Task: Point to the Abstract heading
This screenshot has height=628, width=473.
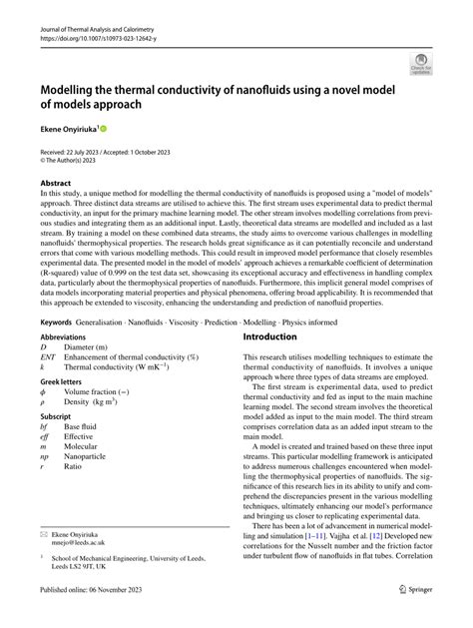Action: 56,184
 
